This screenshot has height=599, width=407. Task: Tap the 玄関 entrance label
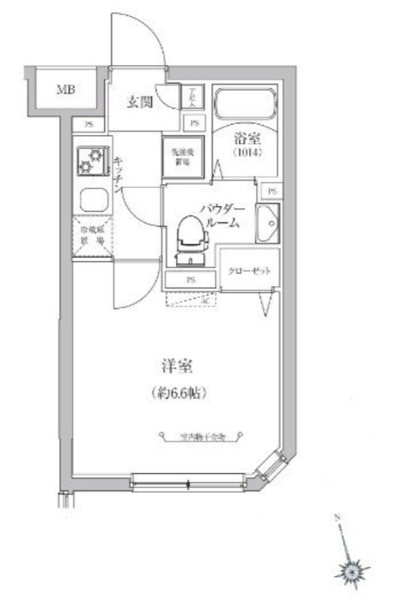[x=139, y=102]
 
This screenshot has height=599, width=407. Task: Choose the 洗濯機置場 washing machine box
[x=181, y=155]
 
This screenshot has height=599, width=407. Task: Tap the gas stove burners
[x=92, y=159]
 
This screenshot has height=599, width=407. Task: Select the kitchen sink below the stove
[x=94, y=200]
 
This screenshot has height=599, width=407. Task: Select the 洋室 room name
[x=177, y=367]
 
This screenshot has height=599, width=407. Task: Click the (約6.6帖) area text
[x=177, y=392]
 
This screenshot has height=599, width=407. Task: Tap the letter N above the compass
[x=337, y=517]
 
